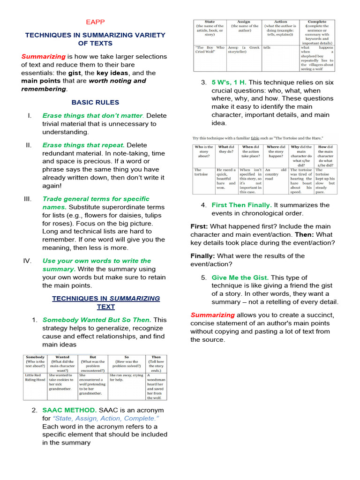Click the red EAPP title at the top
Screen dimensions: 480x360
95,22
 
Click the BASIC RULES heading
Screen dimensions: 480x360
95,102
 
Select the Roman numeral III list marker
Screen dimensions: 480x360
27,199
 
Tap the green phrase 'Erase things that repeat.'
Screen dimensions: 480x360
83,145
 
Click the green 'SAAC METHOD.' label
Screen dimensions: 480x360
69,410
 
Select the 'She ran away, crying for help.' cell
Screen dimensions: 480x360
126,377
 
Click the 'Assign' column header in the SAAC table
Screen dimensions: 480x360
244,22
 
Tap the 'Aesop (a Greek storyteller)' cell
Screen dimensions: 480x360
244,50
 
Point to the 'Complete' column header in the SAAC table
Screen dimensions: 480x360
317,22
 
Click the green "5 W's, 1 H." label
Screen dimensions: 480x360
229,82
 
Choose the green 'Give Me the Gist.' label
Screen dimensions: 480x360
240,277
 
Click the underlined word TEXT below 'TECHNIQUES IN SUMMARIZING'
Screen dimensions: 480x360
106,307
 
